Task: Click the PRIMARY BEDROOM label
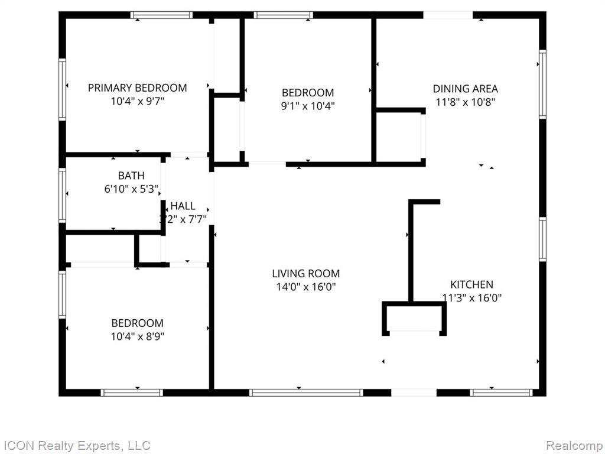(x=137, y=88)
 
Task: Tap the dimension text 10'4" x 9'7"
(x=138, y=102)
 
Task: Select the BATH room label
(x=131, y=176)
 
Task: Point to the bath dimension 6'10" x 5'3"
(x=132, y=189)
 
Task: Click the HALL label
(x=183, y=206)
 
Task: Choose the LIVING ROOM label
(x=306, y=274)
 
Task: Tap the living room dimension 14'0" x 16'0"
(x=306, y=287)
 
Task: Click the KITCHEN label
(x=472, y=284)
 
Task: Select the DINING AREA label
(x=466, y=89)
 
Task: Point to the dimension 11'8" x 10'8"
(x=466, y=102)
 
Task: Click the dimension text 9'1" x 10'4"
(x=308, y=106)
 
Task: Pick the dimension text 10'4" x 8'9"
(x=138, y=336)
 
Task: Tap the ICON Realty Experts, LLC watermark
(x=76, y=445)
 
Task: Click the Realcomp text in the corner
(x=575, y=445)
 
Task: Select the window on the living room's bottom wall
(x=306, y=393)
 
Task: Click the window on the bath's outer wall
(x=62, y=195)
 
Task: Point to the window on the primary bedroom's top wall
(x=161, y=15)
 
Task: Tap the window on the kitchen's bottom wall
(x=501, y=393)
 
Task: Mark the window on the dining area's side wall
(x=542, y=84)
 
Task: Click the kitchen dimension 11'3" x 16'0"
(x=472, y=298)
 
